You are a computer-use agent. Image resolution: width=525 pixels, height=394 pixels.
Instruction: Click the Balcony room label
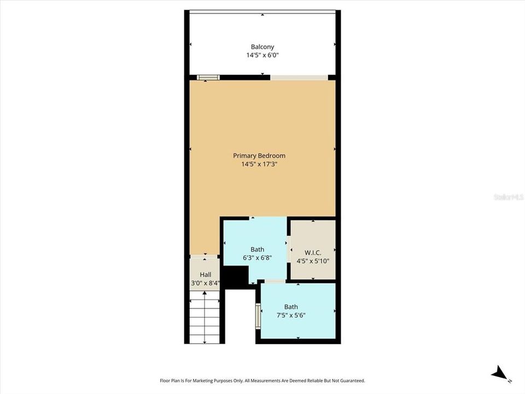262,47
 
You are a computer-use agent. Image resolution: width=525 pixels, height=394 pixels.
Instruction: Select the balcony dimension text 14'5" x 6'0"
262,55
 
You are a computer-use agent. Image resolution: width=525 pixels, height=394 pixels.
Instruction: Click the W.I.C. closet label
313,253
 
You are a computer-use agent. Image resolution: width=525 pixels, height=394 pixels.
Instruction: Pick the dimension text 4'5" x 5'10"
313,261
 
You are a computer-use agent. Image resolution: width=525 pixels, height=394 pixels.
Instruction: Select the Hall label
205,275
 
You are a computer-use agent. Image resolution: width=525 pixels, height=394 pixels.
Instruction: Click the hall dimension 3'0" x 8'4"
205,283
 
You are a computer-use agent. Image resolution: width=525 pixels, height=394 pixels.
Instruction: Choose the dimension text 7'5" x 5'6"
290,315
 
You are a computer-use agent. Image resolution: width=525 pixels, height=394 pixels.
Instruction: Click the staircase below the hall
205,317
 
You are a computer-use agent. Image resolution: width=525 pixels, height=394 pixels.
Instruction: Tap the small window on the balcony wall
208,77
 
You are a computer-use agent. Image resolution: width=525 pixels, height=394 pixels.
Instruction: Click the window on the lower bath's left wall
258,316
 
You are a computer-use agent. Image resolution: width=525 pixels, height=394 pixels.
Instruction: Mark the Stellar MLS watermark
507,196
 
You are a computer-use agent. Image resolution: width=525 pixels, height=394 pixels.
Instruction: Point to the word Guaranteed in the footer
351,380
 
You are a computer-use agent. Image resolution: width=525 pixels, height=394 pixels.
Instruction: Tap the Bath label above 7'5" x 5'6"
290,307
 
